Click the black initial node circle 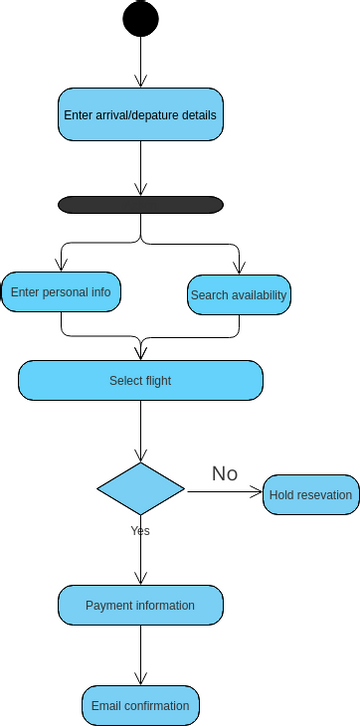pyautogui.click(x=140, y=18)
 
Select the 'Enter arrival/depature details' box pyautogui.click(x=140, y=115)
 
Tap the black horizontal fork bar pyautogui.click(x=140, y=204)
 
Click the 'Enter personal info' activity pyautogui.click(x=61, y=293)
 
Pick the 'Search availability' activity pyautogui.click(x=239, y=295)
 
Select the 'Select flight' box pyautogui.click(x=140, y=380)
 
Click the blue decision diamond pyautogui.click(x=140, y=489)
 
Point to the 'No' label pyautogui.click(x=225, y=473)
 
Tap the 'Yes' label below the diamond pyautogui.click(x=140, y=531)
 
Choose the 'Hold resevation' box pyautogui.click(x=311, y=494)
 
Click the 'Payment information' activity pyautogui.click(x=140, y=605)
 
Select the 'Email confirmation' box pyautogui.click(x=140, y=705)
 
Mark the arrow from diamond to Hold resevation pyautogui.click(x=224, y=492)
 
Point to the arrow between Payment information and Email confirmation pyautogui.click(x=140, y=655)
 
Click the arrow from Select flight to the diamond pyautogui.click(x=140, y=430)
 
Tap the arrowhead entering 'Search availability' pyautogui.click(x=239, y=267)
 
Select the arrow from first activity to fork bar pyautogui.click(x=140, y=168)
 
